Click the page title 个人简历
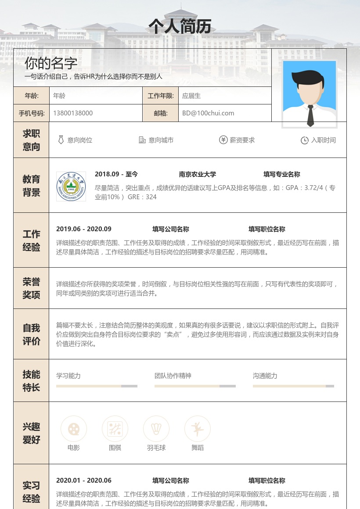coord(180,26)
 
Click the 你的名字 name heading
coord(51,63)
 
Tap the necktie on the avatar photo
coord(310,115)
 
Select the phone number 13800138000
coord(73,113)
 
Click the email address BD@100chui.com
coord(208,113)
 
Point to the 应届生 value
coord(191,96)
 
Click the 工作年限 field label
coord(161,96)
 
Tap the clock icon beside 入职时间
coord(304,140)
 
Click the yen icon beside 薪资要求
coord(223,140)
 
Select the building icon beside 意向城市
coord(142,140)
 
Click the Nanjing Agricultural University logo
coord(71,186)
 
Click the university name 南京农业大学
coord(198,174)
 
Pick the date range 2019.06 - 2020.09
coord(84,229)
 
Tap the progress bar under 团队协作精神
coord(195,386)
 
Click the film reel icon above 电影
coord(74,429)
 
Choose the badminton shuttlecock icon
coord(156,429)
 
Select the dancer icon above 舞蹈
coord(198,429)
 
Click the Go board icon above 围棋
coord(115,429)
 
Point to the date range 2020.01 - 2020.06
coord(84,480)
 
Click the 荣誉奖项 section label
coord(31,288)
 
